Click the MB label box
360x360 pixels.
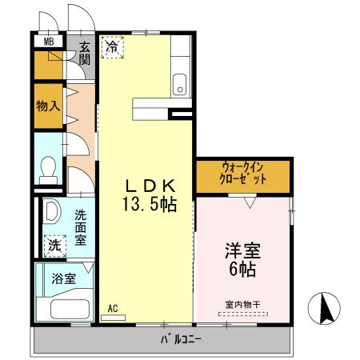[48, 41]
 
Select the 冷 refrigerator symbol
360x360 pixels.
[113, 47]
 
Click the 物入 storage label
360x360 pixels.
[48, 106]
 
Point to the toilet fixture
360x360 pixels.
[49, 169]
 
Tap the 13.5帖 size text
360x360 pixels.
[148, 204]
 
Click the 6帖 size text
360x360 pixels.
[241, 270]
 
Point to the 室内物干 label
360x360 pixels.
[241, 304]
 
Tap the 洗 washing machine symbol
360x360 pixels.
[53, 245]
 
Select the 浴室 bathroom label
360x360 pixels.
[63, 279]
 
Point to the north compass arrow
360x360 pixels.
[326, 307]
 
